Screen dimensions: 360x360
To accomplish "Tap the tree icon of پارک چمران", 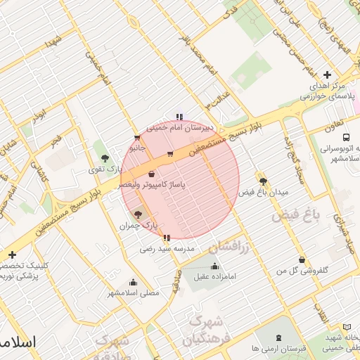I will (137, 214).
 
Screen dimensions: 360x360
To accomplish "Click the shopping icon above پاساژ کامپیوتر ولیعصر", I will (152, 174).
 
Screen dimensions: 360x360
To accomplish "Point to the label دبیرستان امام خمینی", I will (179, 128).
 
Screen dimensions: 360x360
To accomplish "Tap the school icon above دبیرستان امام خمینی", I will (179, 117).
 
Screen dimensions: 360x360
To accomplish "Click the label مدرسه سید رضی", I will (167, 249).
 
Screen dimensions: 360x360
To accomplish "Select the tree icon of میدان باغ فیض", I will (263, 181).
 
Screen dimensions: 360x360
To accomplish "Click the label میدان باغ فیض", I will (264, 192).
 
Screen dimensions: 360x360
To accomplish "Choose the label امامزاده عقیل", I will (215, 277).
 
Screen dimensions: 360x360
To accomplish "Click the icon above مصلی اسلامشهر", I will (134, 281).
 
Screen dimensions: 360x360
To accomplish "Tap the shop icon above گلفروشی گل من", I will (302, 259).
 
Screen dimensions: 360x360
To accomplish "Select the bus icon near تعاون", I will (346, 137).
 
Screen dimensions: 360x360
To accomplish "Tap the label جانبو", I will (136, 148).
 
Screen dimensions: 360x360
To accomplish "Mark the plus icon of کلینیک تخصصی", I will (11, 255).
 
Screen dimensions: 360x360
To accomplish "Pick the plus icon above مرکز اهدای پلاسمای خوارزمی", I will (327, 75).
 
